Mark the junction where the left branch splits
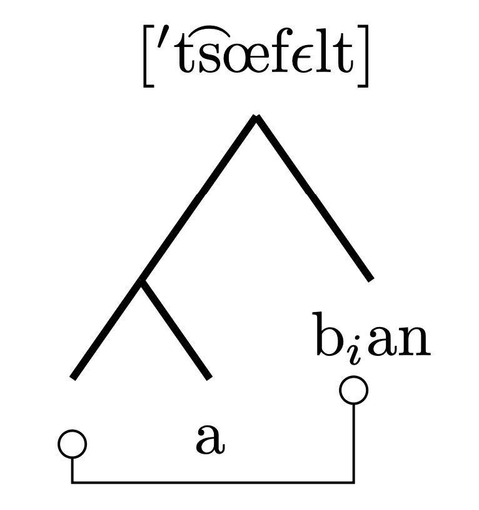pyautogui.click(x=142, y=281)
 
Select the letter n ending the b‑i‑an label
pyautogui.click(x=415, y=343)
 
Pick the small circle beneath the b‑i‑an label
pyautogui.click(x=353, y=390)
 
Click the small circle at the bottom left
pyautogui.click(x=72, y=444)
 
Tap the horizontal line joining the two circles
pyautogui.click(x=213, y=482)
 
